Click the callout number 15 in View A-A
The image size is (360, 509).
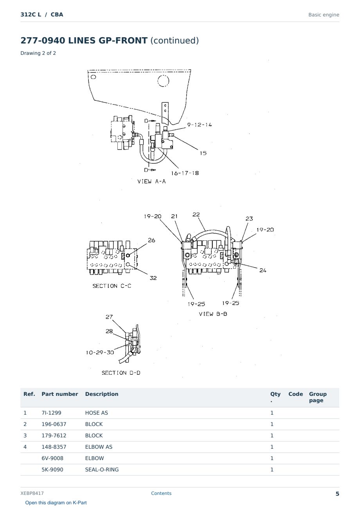click(203, 153)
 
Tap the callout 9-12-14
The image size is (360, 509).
click(200, 125)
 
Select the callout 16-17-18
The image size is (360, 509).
click(185, 173)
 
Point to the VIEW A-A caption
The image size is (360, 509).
click(151, 181)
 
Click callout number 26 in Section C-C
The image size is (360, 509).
click(151, 240)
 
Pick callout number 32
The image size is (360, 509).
click(153, 278)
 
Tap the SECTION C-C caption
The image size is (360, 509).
click(112, 286)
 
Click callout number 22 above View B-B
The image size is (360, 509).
click(196, 215)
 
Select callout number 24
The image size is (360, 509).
click(263, 271)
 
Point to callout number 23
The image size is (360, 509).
click(249, 218)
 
